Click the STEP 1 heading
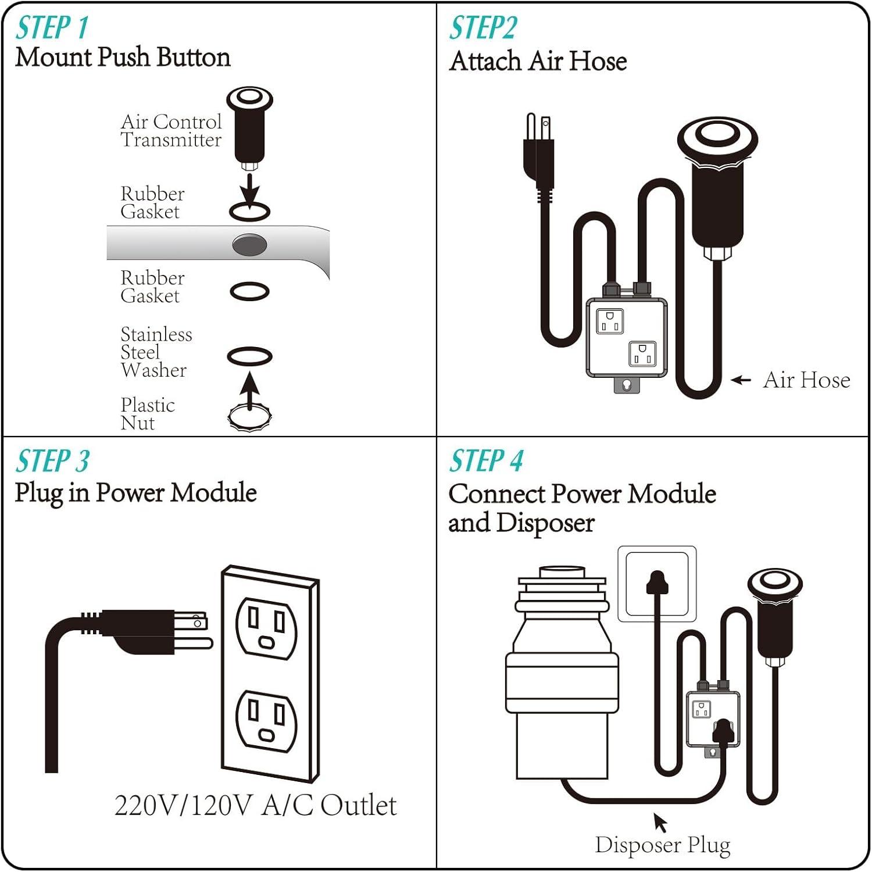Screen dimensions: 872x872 click(x=52, y=28)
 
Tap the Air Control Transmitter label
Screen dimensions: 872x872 click(x=171, y=131)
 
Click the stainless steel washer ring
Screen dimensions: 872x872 click(x=249, y=356)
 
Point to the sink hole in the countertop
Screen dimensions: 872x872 click(x=249, y=245)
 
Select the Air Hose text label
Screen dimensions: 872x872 click(x=806, y=380)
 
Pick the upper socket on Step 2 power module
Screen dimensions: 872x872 click(x=610, y=321)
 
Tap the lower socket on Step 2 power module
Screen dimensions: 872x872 click(x=642, y=353)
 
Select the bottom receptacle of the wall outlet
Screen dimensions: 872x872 click(x=267, y=721)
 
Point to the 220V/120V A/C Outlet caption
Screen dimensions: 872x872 click(x=255, y=806)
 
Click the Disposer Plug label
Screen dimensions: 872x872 click(x=662, y=845)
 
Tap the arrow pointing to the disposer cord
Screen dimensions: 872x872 click(x=660, y=821)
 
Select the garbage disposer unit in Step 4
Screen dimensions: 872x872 click(x=562, y=674)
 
